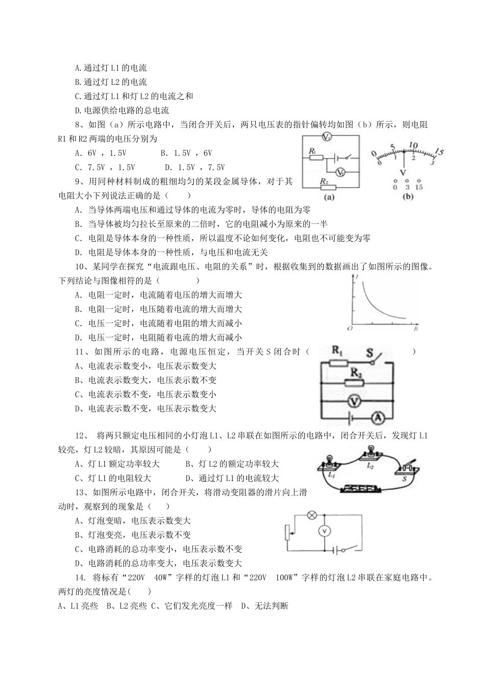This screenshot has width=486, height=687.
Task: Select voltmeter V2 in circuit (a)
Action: point(340,172)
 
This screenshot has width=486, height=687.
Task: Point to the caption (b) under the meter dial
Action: point(408,197)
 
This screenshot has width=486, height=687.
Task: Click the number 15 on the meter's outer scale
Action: point(438,152)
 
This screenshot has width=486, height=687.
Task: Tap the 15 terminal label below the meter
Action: point(419,188)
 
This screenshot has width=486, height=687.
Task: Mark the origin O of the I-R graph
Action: point(349,328)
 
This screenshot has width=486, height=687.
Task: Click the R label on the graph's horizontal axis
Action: point(415,329)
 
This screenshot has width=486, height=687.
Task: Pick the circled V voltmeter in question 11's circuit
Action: point(352,401)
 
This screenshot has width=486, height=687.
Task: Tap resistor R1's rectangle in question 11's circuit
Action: point(339,362)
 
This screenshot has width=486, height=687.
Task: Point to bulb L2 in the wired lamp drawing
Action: point(369,452)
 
